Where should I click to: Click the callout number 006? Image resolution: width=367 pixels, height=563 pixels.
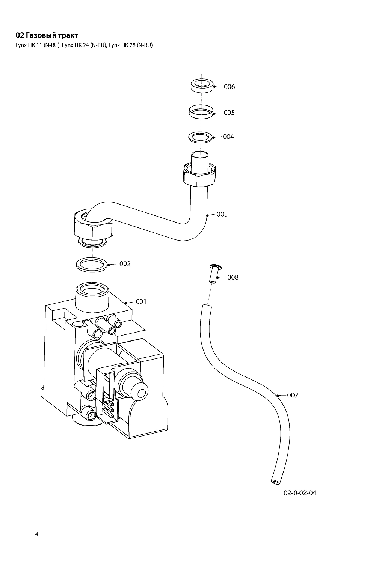229,87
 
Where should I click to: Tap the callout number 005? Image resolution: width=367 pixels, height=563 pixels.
229,113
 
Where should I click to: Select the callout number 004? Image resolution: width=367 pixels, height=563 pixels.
228,137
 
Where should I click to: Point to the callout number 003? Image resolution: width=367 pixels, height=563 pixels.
222,214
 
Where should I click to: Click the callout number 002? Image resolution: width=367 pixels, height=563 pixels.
125,264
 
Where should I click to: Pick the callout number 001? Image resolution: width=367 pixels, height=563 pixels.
141,301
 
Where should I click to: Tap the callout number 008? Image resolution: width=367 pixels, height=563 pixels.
233,277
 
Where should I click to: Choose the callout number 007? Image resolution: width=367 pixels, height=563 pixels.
292,395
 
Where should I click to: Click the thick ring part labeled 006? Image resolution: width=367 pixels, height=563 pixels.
202,85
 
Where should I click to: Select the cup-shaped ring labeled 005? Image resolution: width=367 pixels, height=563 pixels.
201,112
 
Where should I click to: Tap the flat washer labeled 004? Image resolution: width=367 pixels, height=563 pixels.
201,137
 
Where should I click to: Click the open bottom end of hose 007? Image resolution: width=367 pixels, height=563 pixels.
275,481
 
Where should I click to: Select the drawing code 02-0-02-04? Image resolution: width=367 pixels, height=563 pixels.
299,493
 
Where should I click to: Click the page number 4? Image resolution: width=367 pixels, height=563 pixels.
36,534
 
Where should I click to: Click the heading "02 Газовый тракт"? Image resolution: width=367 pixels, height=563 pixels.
47,36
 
